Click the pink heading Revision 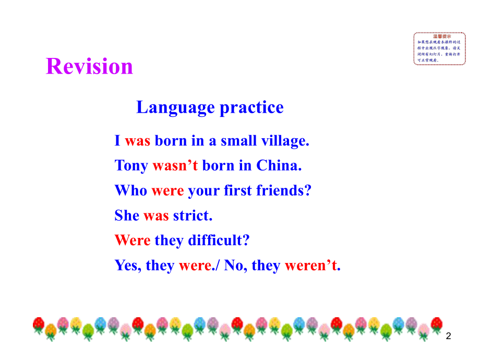pos(90,67)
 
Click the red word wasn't pos(175,165)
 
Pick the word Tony pos(131,165)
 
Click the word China pos(279,165)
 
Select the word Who pos(131,190)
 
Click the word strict pos(193,215)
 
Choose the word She pos(127,215)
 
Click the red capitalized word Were pos(133,241)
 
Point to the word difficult pos(219,241)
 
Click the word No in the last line pos(235,266)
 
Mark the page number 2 pos(448,338)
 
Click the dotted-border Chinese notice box pos(439,49)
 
